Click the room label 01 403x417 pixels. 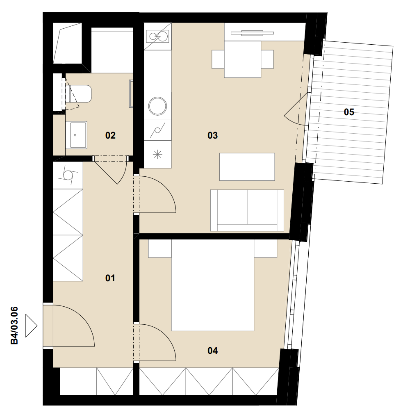point(110,278)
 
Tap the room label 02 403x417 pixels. point(110,135)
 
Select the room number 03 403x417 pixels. point(212,135)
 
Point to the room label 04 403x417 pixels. point(212,351)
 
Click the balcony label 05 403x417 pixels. point(349,112)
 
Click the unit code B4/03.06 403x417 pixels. point(14,326)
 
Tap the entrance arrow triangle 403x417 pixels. point(31,326)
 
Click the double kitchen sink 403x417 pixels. point(158,36)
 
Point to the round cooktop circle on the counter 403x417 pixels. point(158,106)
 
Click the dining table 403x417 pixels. point(242,59)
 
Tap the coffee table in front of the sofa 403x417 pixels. point(247,167)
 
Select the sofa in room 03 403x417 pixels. point(247,210)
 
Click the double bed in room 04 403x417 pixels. point(212,285)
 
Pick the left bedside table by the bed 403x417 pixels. point(160,248)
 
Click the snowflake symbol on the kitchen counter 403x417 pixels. point(158,154)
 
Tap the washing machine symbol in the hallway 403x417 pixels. point(68,175)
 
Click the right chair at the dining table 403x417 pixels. point(267,59)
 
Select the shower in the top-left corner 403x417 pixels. point(68,43)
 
